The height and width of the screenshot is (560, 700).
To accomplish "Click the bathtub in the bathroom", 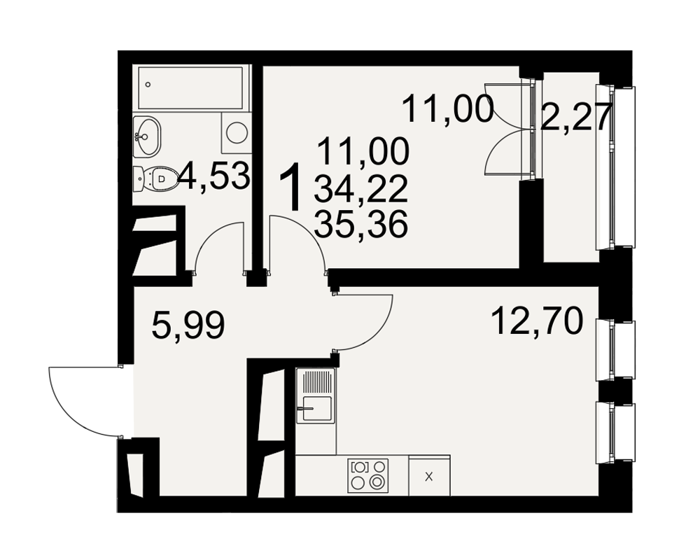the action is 190,88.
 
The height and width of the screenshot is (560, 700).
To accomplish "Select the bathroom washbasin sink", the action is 146,136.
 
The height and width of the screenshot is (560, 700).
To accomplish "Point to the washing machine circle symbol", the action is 237,132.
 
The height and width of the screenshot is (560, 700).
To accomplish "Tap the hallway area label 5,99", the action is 188,325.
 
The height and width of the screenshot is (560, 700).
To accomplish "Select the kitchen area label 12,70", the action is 537,321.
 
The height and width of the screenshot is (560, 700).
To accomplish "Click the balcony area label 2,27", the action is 575,118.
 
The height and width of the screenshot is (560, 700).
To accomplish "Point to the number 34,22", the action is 360,188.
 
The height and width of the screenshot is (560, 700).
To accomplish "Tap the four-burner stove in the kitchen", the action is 368,475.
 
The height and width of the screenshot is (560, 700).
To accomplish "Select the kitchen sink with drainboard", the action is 315,395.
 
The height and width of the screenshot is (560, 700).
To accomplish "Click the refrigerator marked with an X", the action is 429,475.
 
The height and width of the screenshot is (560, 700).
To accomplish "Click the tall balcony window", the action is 617,166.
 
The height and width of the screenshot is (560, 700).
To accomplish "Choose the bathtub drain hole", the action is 148,85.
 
